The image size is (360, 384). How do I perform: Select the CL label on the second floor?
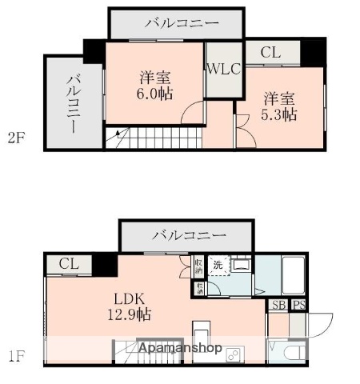(x=270, y=53)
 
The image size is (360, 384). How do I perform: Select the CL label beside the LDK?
(x=69, y=264)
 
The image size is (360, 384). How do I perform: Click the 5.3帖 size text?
(x=280, y=114)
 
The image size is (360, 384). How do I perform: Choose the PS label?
(x=298, y=305)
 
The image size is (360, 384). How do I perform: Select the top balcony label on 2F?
(x=182, y=23)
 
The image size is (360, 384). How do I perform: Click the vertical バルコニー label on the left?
(x=74, y=103)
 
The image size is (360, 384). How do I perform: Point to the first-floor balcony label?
(x=188, y=236)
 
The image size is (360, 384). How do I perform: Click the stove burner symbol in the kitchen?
(x=235, y=352)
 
